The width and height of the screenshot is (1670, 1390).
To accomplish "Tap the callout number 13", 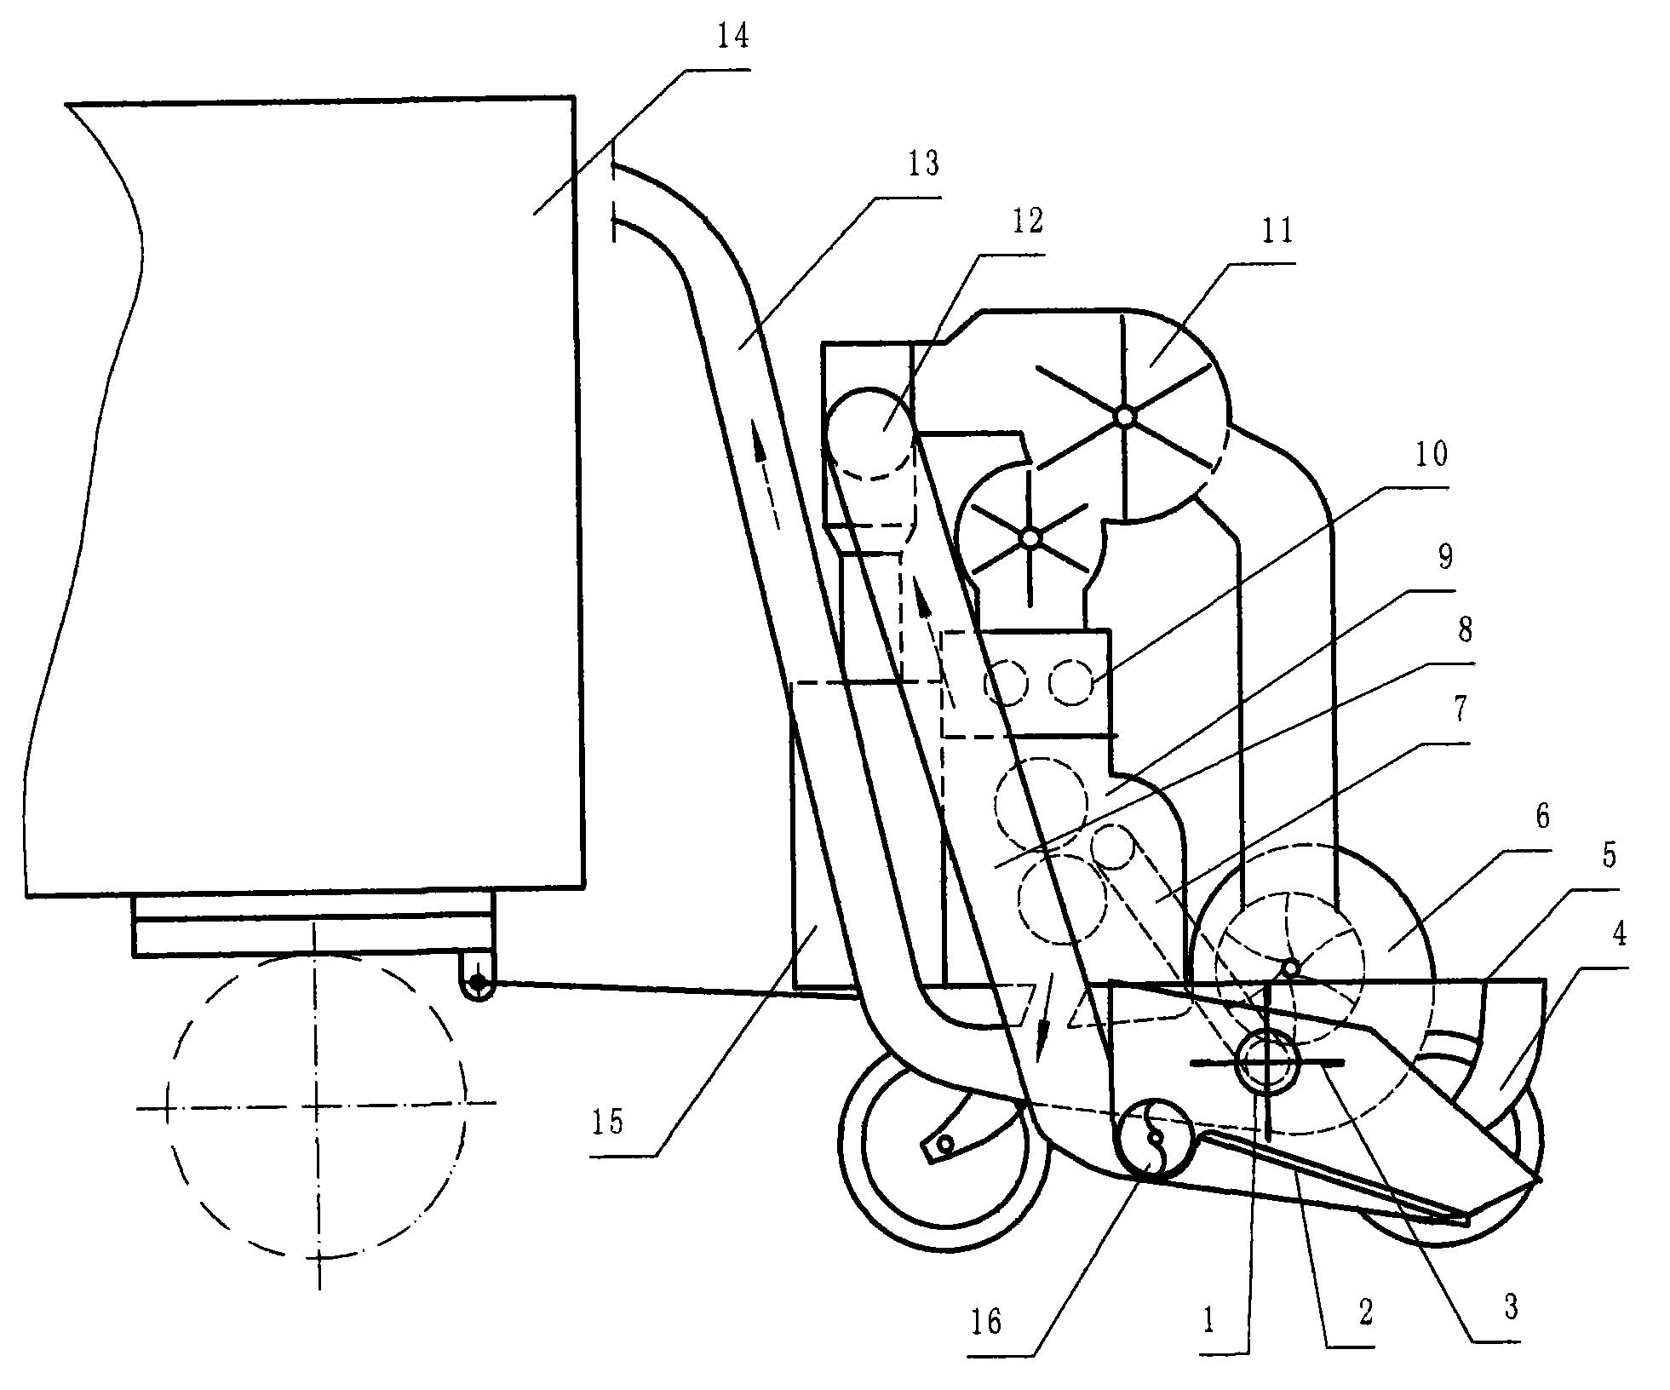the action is pyautogui.click(x=922, y=163).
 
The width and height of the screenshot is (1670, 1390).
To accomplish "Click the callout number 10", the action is pyautogui.click(x=1431, y=455).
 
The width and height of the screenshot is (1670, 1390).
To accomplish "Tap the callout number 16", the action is pyautogui.click(x=985, y=1323).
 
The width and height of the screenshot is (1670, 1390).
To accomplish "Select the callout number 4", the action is pyautogui.click(x=1618, y=934).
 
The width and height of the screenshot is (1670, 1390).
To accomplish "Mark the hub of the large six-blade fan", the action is pyautogui.click(x=1124, y=416).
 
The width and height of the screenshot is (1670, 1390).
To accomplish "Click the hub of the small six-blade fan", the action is pyautogui.click(x=1030, y=538).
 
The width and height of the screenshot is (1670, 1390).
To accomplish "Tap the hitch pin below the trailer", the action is pyautogui.click(x=479, y=984).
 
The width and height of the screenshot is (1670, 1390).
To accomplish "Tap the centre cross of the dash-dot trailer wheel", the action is pyautogui.click(x=317, y=1107).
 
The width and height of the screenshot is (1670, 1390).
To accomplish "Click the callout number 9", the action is pyautogui.click(x=1444, y=557).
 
